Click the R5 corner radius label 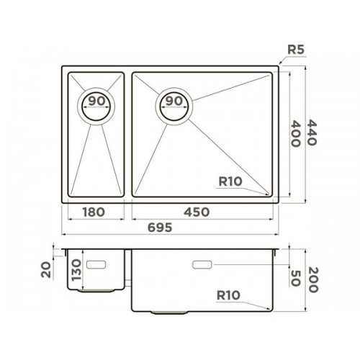tap(296, 50)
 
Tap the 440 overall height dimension tap(312, 132)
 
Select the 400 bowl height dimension tap(295, 134)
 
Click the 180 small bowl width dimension tap(94, 212)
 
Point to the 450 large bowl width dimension tap(197, 212)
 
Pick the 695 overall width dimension tap(160, 228)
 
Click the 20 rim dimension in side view tap(46, 270)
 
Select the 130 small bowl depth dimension tap(76, 270)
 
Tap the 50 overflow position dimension tap(295, 278)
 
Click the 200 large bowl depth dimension tap(313, 280)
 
